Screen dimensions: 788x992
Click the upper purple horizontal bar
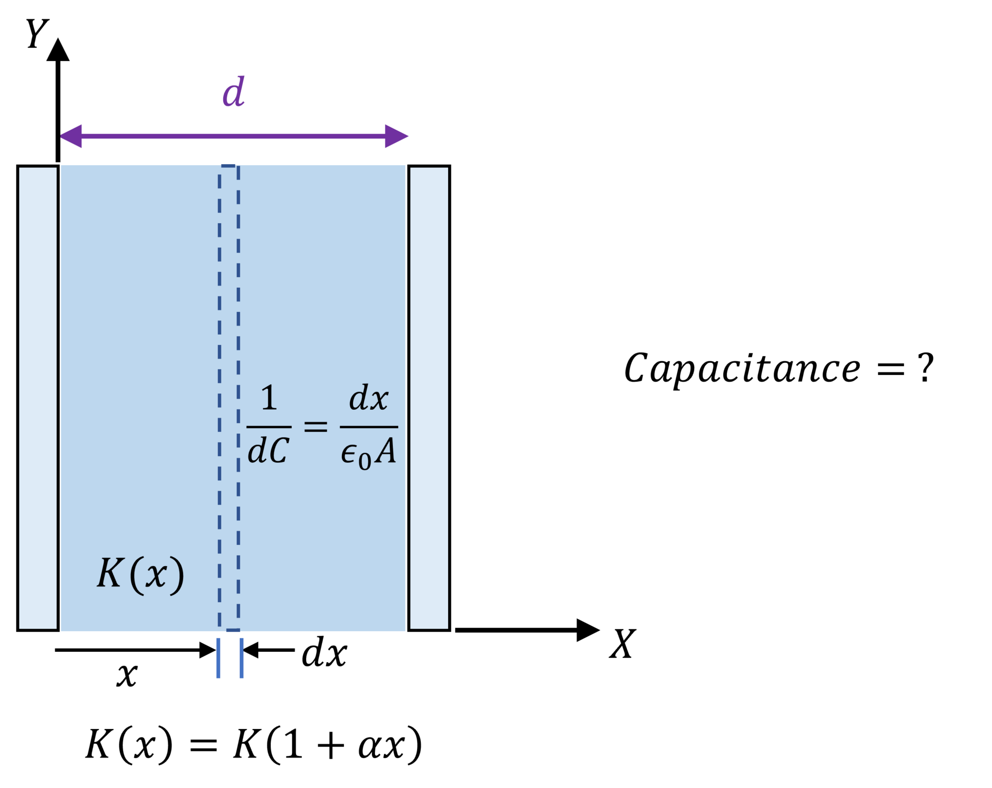click(x=526, y=91)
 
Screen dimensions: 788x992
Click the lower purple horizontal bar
click(x=526, y=136)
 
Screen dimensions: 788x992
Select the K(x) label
click(x=140, y=574)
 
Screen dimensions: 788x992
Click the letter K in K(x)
click(x=109, y=572)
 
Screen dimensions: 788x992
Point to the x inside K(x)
click(x=156, y=575)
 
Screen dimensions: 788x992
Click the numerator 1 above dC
click(x=269, y=398)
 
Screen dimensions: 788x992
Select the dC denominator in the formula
click(x=268, y=450)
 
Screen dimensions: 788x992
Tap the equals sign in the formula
click(x=315, y=426)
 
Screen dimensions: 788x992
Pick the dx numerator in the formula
click(x=369, y=398)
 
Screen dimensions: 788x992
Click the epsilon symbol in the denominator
click(x=349, y=453)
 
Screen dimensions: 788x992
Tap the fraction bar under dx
click(x=369, y=427)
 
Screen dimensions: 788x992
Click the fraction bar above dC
click(x=269, y=427)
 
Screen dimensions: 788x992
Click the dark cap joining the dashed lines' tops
click(x=228, y=166)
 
